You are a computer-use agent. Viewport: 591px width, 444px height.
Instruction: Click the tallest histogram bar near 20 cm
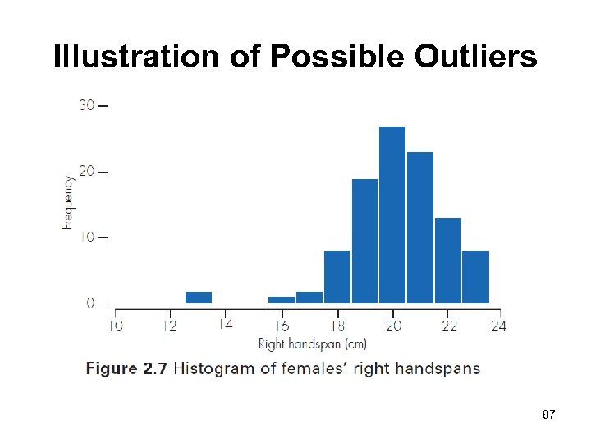click(392, 215)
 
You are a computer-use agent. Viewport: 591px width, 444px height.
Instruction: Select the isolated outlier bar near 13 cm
click(199, 298)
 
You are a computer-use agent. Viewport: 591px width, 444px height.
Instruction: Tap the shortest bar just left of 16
click(282, 300)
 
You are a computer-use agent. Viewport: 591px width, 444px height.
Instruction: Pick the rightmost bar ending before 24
click(475, 277)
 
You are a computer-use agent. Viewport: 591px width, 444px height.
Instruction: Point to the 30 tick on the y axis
click(86, 105)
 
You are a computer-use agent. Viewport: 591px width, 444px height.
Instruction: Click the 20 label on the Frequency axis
click(86, 171)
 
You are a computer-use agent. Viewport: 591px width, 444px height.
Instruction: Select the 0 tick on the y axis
click(91, 303)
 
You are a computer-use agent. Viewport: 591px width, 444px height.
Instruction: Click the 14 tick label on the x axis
click(225, 325)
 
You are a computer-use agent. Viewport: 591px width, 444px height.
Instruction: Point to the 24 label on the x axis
click(498, 326)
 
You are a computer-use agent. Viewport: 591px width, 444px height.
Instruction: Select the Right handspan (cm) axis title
click(312, 344)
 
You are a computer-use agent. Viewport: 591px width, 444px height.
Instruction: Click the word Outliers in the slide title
click(475, 57)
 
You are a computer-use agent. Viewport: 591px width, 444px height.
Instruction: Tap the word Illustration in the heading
click(135, 57)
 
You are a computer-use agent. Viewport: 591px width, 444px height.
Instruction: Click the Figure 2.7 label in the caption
click(126, 368)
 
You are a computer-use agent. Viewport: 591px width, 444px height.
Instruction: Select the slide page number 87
click(549, 417)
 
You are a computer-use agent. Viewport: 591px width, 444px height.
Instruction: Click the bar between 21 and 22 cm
click(447, 261)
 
